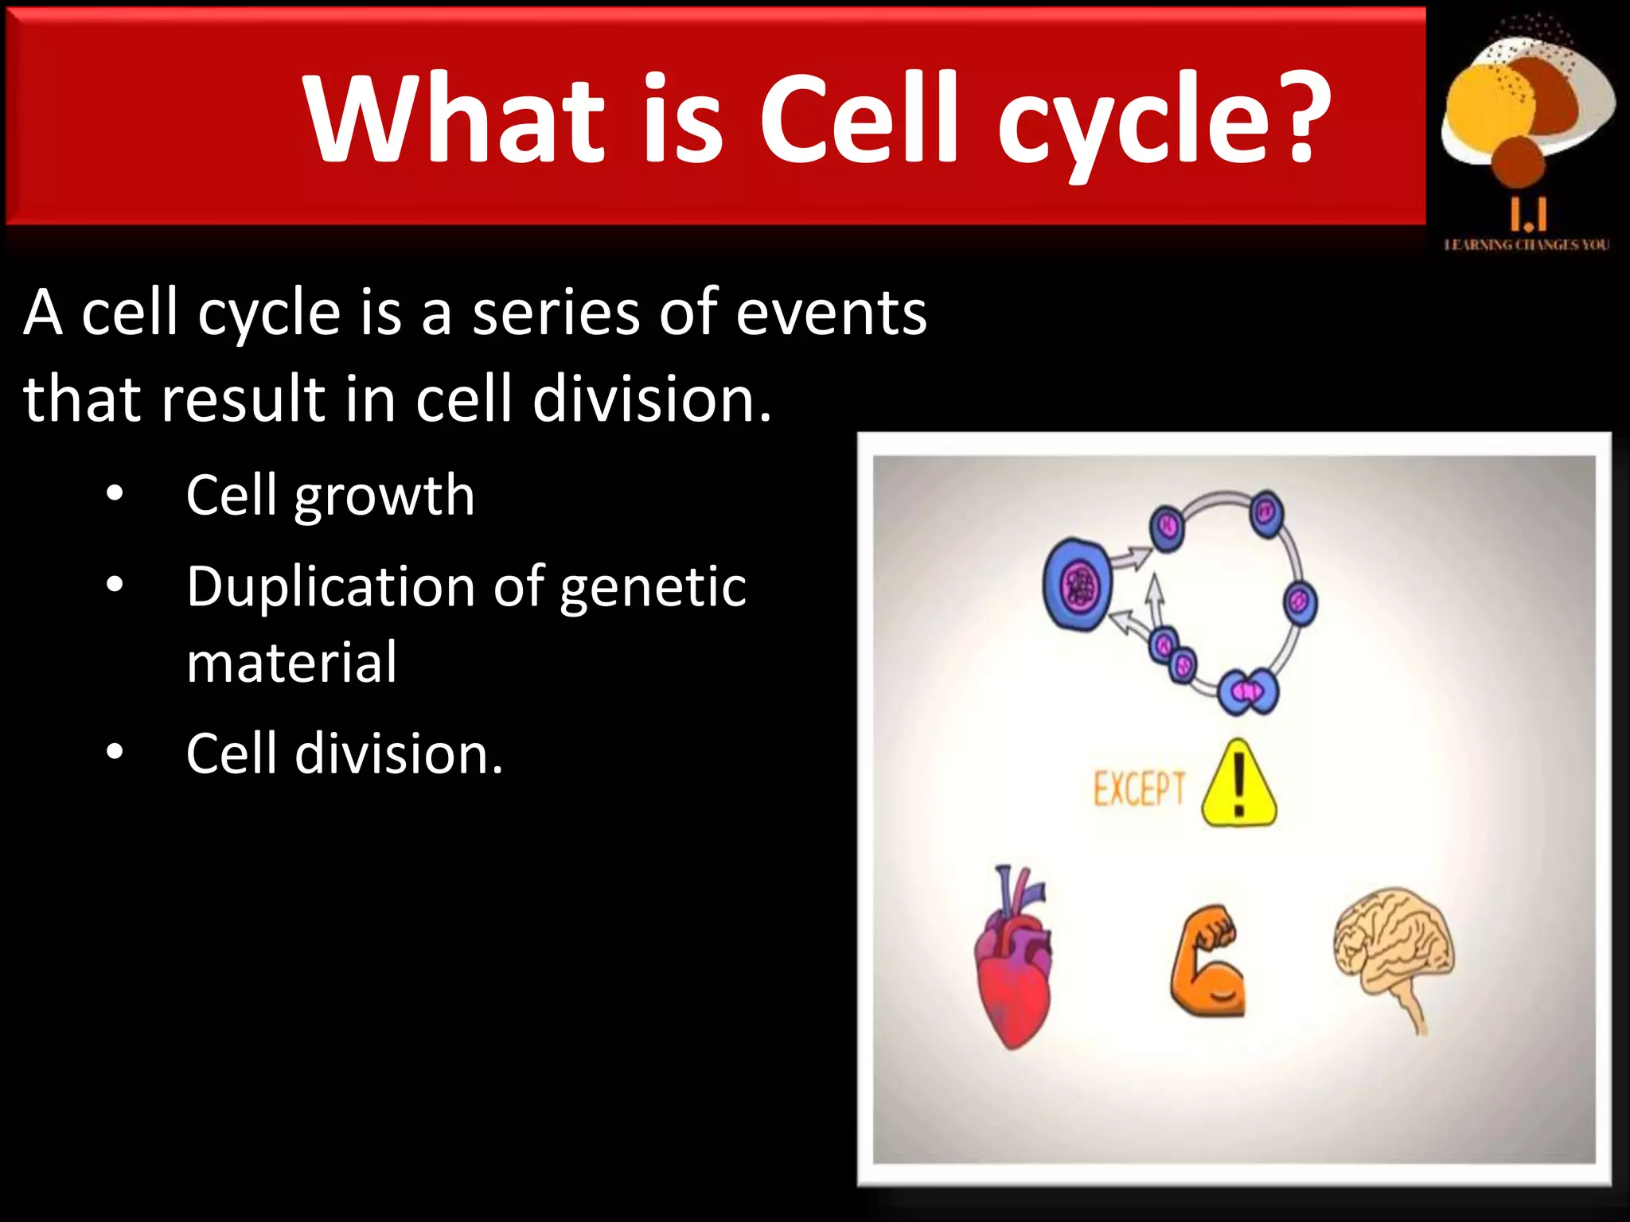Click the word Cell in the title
(859, 119)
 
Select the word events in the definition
(831, 313)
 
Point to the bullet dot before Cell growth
(115, 494)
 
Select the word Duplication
(331, 586)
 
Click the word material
(291, 662)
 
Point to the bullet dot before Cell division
(115, 752)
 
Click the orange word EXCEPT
(1139, 789)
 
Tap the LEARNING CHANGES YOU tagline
(1526, 245)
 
